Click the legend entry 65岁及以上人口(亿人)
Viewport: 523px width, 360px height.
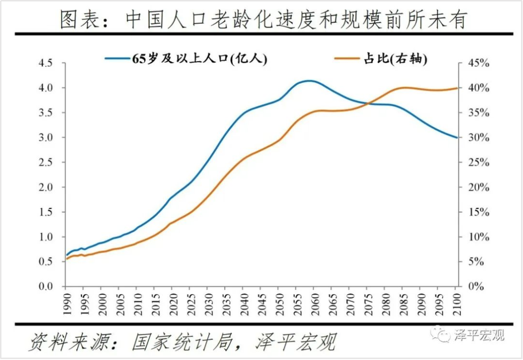(x=186, y=59)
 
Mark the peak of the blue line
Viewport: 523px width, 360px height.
(x=310, y=81)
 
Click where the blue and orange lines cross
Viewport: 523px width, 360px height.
(x=369, y=103)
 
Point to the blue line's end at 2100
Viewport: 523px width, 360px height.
(x=456, y=138)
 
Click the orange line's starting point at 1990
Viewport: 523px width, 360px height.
(x=67, y=259)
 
